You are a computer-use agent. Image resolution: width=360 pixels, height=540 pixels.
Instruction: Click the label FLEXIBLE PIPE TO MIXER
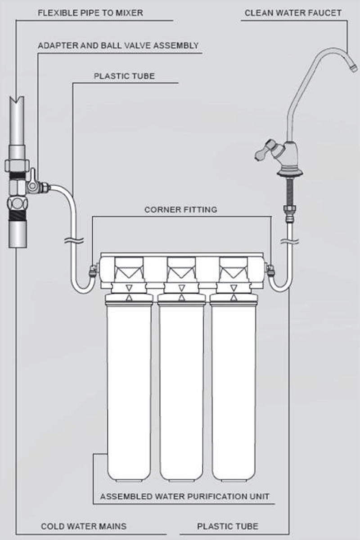(x=90, y=13)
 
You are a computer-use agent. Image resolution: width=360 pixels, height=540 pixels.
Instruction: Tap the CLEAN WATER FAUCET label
(x=293, y=13)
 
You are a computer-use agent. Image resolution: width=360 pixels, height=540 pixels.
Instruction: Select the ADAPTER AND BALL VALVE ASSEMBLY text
(x=118, y=45)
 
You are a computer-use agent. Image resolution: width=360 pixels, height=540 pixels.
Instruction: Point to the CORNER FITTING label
(x=181, y=210)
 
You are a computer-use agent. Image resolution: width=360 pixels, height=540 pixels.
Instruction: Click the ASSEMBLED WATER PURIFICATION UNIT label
(x=184, y=496)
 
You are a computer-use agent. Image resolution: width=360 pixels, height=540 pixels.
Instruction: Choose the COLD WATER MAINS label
(x=84, y=526)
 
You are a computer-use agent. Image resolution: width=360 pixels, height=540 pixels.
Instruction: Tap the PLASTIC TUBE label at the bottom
(x=228, y=526)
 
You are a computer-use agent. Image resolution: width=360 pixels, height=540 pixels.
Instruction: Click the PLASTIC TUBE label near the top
(x=124, y=76)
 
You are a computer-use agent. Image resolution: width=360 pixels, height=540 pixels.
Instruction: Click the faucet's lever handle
(x=265, y=151)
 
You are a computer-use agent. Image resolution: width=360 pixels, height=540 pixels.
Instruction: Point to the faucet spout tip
(x=354, y=67)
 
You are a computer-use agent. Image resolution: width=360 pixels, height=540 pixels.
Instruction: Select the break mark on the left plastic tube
(x=74, y=240)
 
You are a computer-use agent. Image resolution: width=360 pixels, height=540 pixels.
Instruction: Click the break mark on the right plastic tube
(x=289, y=241)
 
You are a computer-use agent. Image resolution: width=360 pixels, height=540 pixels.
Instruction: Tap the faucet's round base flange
(x=290, y=173)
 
